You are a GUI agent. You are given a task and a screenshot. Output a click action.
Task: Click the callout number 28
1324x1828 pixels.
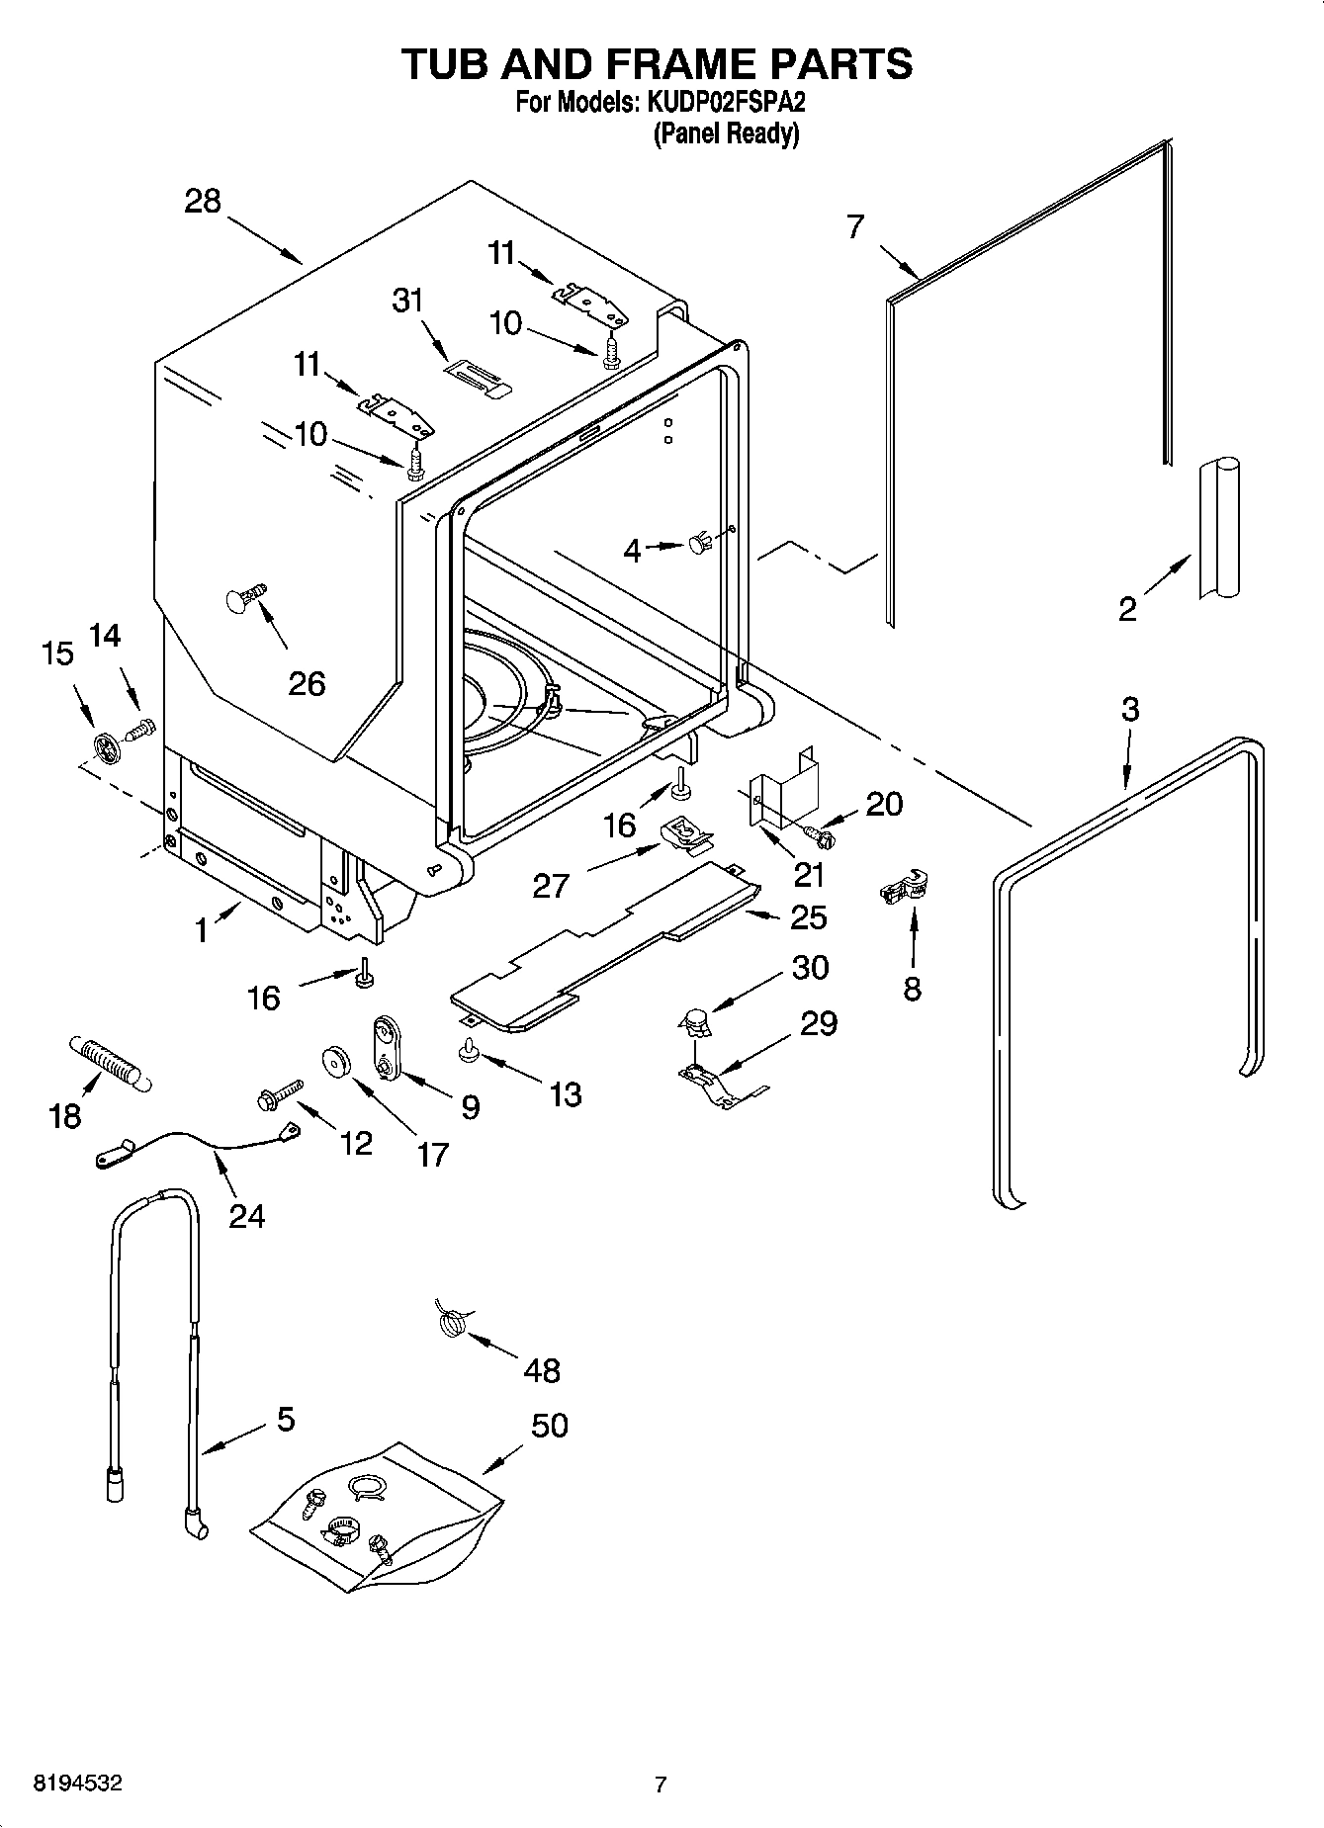coord(203,202)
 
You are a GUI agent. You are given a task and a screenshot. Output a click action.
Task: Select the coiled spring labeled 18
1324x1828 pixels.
coord(108,1064)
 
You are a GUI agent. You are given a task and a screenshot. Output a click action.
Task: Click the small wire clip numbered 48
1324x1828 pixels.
coord(452,1321)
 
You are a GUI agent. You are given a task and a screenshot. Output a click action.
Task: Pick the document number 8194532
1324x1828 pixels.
coord(78,1784)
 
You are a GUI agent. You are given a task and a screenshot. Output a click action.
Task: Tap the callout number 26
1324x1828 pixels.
coord(307,683)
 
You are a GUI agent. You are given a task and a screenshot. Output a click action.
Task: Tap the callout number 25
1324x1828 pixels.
coord(808,917)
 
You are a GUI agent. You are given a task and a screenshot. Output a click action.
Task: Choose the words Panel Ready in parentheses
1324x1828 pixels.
coord(726,133)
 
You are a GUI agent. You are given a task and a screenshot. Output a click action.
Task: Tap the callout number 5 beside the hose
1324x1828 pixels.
coord(286,1420)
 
